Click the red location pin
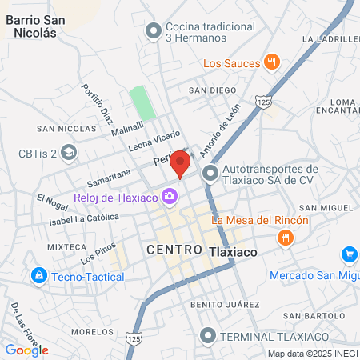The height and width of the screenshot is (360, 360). click(181, 164)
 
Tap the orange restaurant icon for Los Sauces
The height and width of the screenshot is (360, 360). click(272, 62)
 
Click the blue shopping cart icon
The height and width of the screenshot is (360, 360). click(349, 255)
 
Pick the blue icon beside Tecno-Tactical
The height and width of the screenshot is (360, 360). click(38, 276)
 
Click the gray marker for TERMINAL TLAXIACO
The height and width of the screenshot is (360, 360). click(209, 335)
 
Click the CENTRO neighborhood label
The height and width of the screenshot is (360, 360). click(174, 250)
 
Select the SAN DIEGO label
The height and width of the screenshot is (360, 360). click(214, 90)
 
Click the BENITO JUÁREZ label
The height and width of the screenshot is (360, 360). click(225, 305)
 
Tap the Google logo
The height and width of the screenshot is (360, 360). click(27, 350)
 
